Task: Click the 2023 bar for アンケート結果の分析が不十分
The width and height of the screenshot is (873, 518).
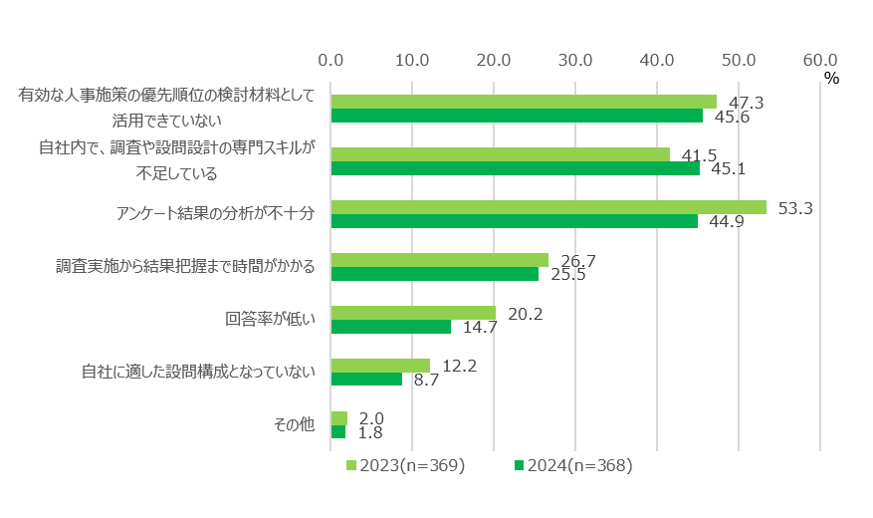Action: tap(548, 207)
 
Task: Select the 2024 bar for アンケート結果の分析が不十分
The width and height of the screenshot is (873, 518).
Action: tap(514, 221)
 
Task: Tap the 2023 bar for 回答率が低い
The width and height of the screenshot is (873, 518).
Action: tap(413, 313)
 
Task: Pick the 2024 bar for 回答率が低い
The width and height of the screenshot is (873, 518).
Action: tap(390, 327)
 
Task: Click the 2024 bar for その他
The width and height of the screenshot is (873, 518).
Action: tap(337, 432)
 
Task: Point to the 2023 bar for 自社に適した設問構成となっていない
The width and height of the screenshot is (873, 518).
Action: tap(380, 366)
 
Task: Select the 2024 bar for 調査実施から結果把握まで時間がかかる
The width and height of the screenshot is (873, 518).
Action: tap(434, 274)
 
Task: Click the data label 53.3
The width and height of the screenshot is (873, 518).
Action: tap(795, 208)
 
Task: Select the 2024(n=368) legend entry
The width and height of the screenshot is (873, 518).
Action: tap(573, 465)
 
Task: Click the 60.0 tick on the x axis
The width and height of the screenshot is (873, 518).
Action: tap(819, 59)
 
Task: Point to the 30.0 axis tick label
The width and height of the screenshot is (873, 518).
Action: tap(575, 59)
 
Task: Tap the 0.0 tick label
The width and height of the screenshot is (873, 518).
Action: tap(330, 59)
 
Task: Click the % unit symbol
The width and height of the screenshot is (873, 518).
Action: tap(831, 78)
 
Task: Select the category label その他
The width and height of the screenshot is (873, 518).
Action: tap(294, 425)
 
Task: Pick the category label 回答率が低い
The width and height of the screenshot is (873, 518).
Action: tap(269, 320)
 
